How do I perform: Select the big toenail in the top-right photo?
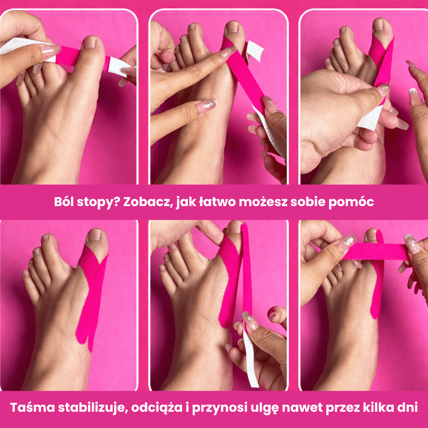[379, 25]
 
